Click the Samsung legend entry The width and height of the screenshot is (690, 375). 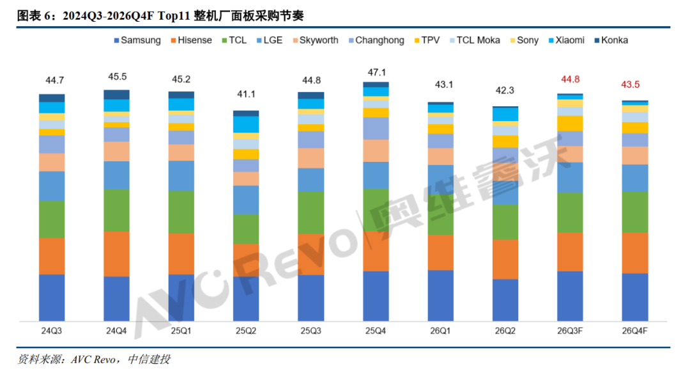click(x=137, y=40)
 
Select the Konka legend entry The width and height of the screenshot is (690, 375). click(x=611, y=40)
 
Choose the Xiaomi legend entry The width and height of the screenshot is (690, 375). click(x=566, y=40)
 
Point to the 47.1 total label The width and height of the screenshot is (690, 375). click(x=377, y=72)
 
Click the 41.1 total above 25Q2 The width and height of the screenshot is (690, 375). click(x=246, y=94)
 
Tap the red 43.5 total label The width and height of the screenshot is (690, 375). click(x=630, y=84)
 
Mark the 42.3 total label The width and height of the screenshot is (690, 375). click(x=505, y=90)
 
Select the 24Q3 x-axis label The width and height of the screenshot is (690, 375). click(x=52, y=330)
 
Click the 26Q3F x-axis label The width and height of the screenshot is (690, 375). click(x=570, y=330)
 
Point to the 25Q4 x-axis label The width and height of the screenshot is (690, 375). click(x=376, y=330)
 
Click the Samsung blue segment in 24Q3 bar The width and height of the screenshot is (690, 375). click(x=52, y=298)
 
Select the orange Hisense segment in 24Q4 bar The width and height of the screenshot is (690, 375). click(x=117, y=254)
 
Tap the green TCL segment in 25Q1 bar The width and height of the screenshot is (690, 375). click(x=181, y=212)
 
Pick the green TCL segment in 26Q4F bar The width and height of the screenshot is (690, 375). click(x=635, y=212)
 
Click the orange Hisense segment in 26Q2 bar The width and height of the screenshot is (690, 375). click(x=505, y=259)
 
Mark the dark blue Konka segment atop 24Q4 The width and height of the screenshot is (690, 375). click(x=117, y=95)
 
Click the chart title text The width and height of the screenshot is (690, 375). click(x=160, y=16)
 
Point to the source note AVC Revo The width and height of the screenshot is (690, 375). click(x=93, y=360)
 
